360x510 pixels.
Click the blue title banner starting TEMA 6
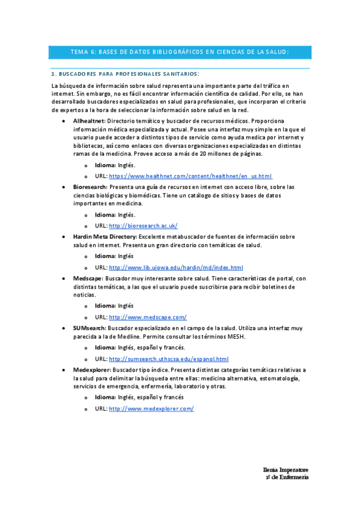click(x=180, y=52)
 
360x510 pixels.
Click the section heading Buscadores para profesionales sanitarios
click(x=125, y=73)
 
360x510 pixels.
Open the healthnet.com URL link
click(x=191, y=176)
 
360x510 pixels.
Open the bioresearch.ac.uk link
click(x=143, y=226)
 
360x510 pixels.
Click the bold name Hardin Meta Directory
click(x=105, y=236)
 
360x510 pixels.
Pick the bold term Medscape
click(x=87, y=278)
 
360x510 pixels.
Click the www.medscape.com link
click(x=148, y=317)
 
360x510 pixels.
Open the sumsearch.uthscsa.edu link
click(x=169, y=359)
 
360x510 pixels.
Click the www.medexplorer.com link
click(x=151, y=409)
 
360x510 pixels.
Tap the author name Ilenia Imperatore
click(x=286, y=469)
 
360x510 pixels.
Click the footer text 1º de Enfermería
click(x=287, y=477)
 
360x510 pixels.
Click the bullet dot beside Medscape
click(x=66, y=279)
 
